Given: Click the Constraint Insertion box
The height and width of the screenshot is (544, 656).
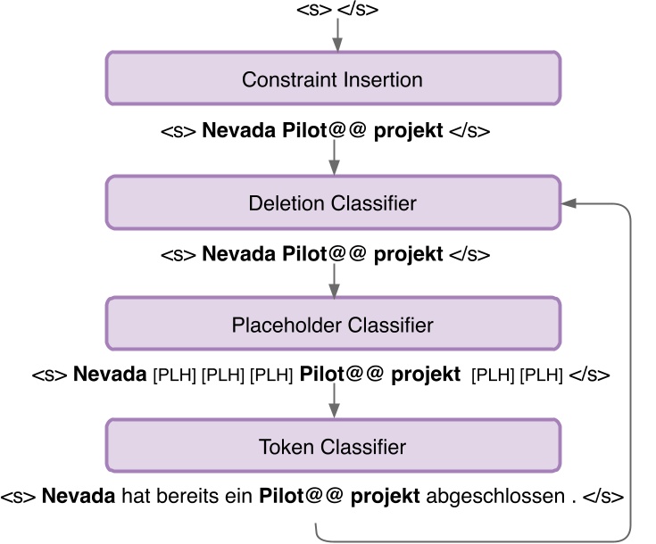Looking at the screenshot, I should coord(333,78).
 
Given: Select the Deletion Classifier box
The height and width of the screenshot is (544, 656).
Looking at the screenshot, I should coord(333,202).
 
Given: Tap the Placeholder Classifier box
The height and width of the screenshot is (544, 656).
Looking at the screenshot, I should coord(333,325).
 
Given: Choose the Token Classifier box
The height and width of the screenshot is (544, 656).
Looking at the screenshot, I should coord(333,446).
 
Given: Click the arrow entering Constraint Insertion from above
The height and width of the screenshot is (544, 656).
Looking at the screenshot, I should coord(337,35).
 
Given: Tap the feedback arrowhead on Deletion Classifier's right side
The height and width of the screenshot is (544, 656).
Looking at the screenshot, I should coord(569,203).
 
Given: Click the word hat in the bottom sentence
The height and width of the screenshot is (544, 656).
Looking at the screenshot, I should coord(135,496).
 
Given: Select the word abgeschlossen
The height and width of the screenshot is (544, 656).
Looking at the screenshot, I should coord(496,496).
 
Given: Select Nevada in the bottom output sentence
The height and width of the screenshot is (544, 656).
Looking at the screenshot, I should coord(79,496).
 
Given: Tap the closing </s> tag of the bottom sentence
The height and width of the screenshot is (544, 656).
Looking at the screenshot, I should coord(602,496).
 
